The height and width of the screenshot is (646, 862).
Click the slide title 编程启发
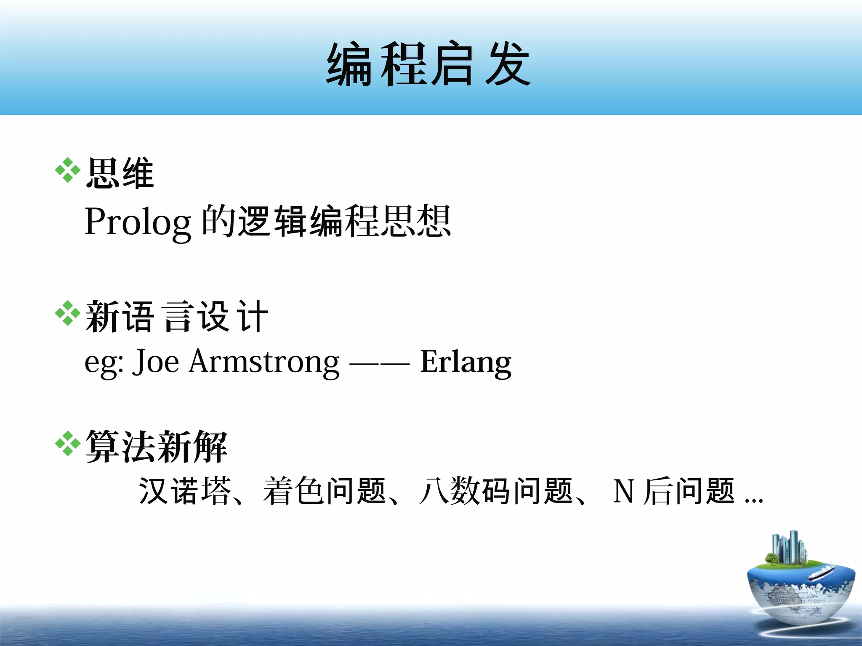point(428,64)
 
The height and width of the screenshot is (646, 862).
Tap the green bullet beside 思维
point(67,170)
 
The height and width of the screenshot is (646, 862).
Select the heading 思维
point(120,173)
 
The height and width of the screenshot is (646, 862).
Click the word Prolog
point(138,222)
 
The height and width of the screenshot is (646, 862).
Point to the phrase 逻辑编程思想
point(344,221)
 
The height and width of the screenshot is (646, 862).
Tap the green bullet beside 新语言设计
point(67,314)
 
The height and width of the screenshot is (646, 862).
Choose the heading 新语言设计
point(177,316)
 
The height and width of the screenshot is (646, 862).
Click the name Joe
point(156,361)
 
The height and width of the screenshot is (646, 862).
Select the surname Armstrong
point(264,361)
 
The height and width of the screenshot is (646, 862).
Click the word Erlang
point(466,362)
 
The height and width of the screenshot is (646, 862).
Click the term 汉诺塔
point(185,491)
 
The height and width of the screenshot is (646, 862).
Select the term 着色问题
point(324,491)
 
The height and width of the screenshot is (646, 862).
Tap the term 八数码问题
point(497,491)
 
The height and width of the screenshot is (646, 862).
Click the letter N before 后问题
point(624,491)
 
